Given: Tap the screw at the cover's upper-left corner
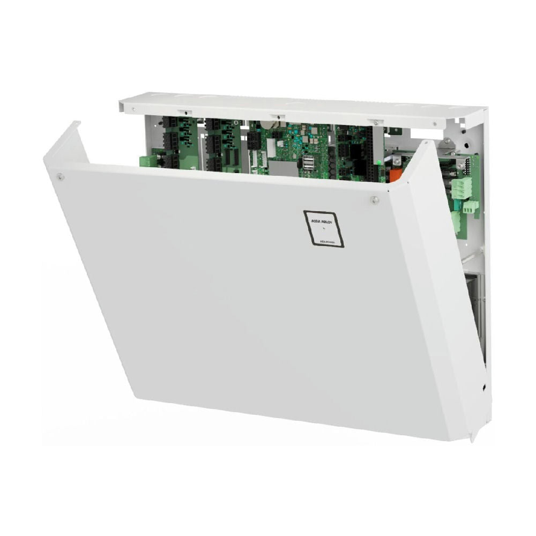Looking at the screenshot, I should click(61, 176).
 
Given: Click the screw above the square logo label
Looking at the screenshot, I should click(375, 200).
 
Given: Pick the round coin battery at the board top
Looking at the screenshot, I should click(266, 124).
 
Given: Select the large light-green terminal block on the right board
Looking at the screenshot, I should click(462, 188).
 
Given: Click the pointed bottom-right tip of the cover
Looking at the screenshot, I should click(472, 440).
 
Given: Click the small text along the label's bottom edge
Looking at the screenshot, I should click(329, 242).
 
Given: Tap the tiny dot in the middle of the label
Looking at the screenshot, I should click(323, 228).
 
